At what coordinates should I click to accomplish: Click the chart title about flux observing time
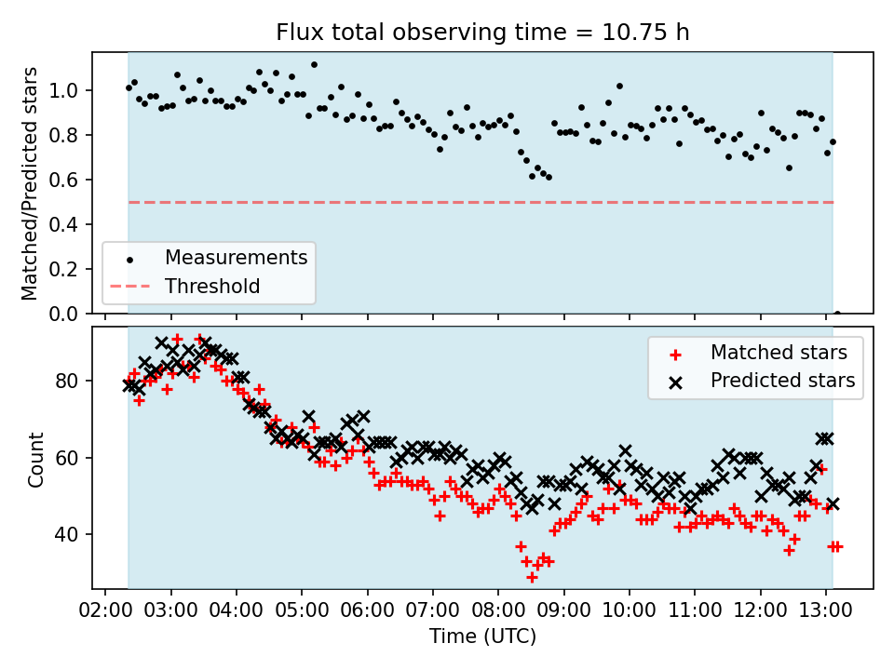coord(482,33)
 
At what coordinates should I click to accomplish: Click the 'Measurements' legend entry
coord(236,258)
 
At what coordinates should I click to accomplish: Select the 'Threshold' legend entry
coord(212,287)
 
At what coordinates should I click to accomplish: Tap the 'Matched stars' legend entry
coord(779,353)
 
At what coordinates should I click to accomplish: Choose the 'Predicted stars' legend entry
coord(782,381)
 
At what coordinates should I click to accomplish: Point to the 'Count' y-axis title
coord(36,459)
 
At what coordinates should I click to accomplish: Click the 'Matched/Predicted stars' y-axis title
coord(30,183)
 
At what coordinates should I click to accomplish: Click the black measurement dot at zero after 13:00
coord(837,314)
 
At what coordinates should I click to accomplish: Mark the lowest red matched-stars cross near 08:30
coord(532,577)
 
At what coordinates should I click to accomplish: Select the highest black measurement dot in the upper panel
coord(314,65)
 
